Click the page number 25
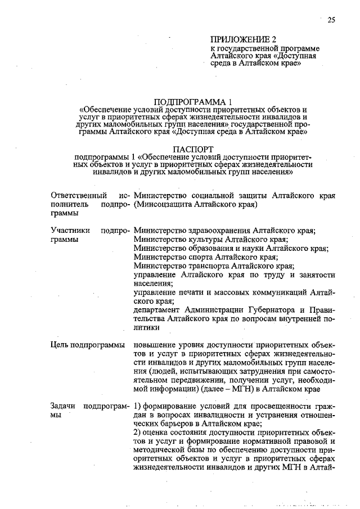coord(331,20)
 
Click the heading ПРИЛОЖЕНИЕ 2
coord(244,40)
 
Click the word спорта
coord(193,257)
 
